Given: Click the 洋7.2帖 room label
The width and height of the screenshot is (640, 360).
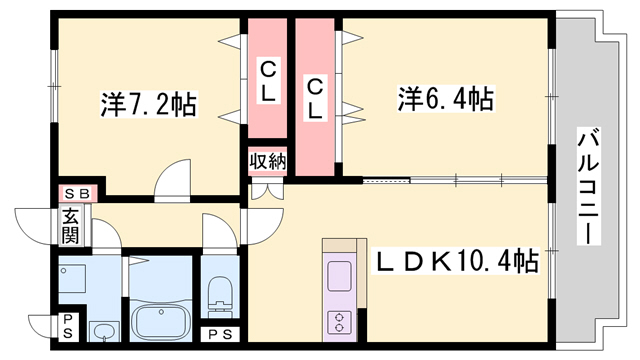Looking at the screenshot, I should click(147, 102).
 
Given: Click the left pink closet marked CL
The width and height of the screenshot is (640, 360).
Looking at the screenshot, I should click(268, 80).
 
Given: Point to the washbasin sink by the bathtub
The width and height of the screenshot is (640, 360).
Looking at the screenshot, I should click(103, 330).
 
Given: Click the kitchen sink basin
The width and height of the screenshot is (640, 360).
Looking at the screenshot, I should click(339, 275).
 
